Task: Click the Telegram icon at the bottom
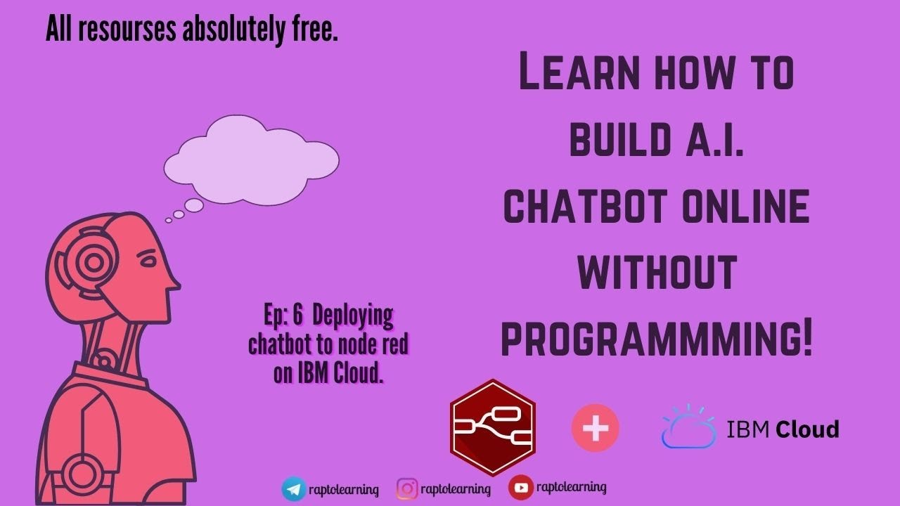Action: coord(294,488)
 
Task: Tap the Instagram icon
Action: coord(407,488)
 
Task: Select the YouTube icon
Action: coord(520,487)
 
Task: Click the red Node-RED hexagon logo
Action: coord(493,427)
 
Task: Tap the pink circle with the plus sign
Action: coord(596,427)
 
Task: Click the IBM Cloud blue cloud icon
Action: coord(688,427)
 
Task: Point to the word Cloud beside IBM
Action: coord(807,429)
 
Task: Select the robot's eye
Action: coord(148,261)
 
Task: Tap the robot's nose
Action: coord(174,284)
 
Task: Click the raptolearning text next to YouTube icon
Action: coord(571,487)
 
